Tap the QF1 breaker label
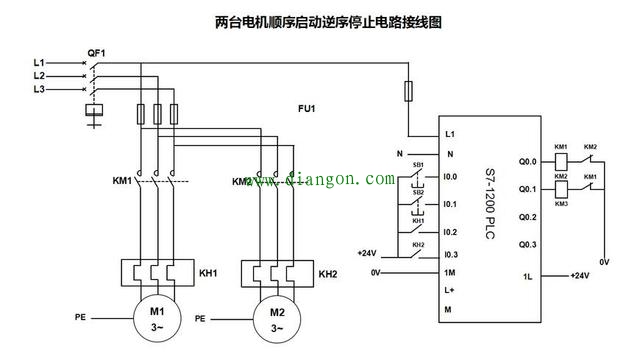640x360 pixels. click(x=97, y=51)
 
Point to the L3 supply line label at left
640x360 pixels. click(x=38, y=89)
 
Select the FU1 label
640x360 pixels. click(x=306, y=106)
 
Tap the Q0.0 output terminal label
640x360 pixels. click(x=527, y=160)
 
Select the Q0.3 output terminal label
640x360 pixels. click(x=527, y=245)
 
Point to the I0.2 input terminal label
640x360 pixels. click(x=451, y=231)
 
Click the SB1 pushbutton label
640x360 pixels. click(x=418, y=165)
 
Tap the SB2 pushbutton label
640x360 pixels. click(x=418, y=192)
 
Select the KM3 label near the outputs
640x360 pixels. click(x=561, y=204)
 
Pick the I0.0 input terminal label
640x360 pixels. click(x=451, y=178)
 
